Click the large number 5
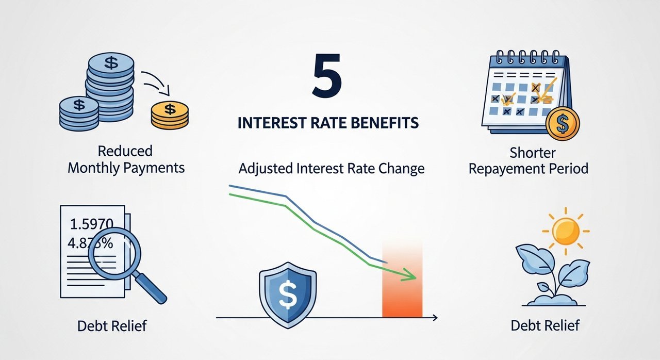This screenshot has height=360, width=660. click(326, 75)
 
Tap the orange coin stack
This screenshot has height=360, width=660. click(170, 115)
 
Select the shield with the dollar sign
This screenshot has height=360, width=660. click(288, 295)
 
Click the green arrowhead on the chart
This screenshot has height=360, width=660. click(409, 275)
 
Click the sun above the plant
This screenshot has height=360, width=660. click(566, 231)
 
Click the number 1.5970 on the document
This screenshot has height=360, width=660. click(91, 224)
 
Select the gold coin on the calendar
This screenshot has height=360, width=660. click(563, 123)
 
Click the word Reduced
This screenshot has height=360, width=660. click(125, 151)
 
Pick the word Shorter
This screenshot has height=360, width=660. click(533, 153)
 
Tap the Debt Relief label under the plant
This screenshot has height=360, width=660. click(545, 325)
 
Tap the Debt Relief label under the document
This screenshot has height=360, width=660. click(112, 326)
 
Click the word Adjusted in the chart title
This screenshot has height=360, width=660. click(266, 169)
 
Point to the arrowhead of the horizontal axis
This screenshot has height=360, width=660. click(435, 318)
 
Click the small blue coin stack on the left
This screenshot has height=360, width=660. click(79, 113)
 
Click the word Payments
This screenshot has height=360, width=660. click(154, 169)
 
